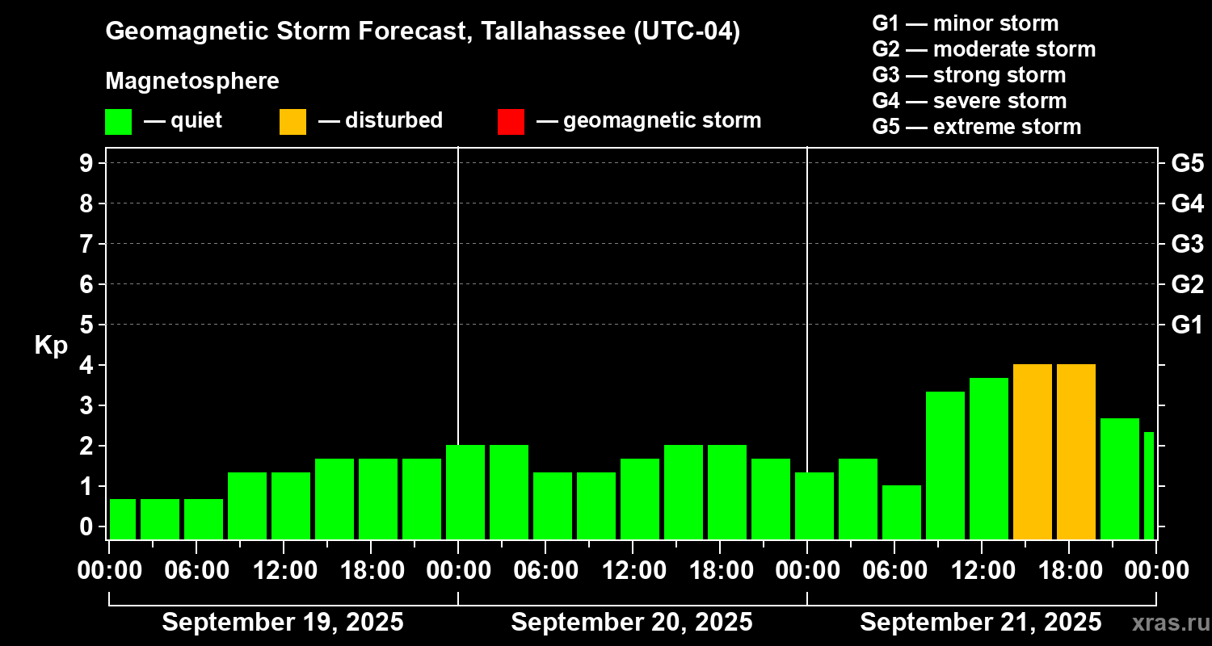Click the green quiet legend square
(118, 121)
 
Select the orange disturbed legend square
(292, 121)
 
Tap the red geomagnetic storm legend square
(511, 121)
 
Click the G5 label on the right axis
(1187, 163)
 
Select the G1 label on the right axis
(1187, 325)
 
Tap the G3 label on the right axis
(1187, 244)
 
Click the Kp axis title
(51, 346)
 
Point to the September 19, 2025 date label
(283, 623)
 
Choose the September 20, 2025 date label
(632, 623)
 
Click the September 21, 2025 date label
(980, 623)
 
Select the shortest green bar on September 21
(901, 512)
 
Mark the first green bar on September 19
(123, 518)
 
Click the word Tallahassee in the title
(552, 31)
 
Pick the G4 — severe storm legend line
(969, 101)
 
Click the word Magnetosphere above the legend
(192, 82)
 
